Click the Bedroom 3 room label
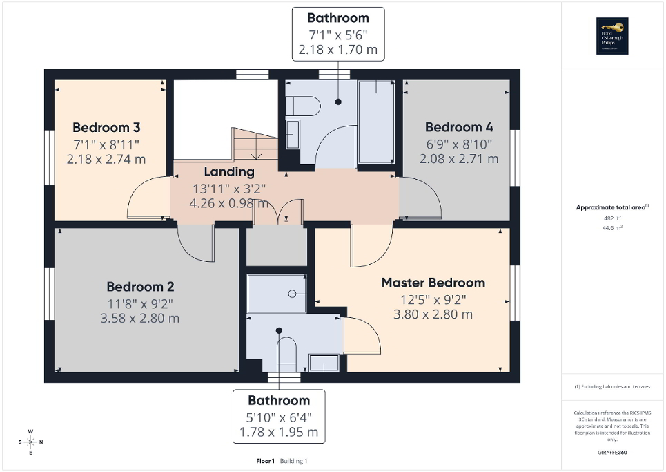pos(106,128)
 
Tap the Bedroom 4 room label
pos(459,127)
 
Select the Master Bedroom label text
pos(433,283)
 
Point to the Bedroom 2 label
pos(140,287)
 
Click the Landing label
pos(228,171)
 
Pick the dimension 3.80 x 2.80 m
pos(433,314)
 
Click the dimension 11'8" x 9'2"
pos(140,303)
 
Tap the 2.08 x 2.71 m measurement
pos(459,159)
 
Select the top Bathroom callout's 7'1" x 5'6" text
pos(338,35)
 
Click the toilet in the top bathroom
pos(304,106)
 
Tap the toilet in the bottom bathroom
pos(286,354)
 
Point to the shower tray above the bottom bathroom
pos(276,293)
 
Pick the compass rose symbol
pos(30,442)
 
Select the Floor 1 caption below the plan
pos(265,461)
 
